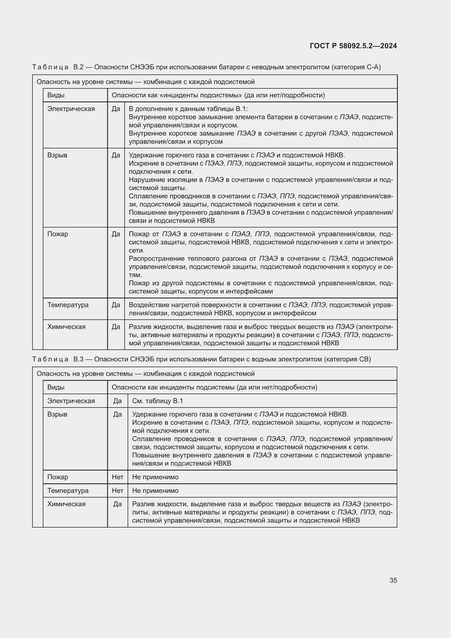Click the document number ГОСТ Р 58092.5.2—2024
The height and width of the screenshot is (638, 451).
tap(353, 46)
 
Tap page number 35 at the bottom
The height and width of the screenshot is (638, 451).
tap(393, 580)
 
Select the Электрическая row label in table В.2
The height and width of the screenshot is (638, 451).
tap(71, 109)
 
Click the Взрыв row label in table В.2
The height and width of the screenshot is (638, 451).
tap(57, 155)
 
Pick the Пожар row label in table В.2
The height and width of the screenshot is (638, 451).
tap(58, 234)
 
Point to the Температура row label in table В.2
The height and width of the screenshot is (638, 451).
tap(68, 305)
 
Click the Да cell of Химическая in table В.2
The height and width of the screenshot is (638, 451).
tap(116, 327)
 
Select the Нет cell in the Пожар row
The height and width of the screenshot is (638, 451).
tap(118, 477)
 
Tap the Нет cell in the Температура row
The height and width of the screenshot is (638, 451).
tap(118, 490)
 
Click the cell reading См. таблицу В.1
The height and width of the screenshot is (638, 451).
tap(157, 401)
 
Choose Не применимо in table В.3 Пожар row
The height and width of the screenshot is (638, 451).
tap(155, 477)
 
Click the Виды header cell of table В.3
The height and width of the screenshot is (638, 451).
tap(56, 387)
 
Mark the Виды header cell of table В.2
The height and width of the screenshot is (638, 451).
tap(56, 95)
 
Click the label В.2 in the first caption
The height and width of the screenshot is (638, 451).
tap(78, 67)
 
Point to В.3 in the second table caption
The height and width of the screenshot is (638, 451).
tap(78, 359)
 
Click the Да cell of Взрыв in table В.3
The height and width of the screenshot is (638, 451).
tap(118, 414)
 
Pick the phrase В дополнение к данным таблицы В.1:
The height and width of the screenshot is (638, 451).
tap(188, 109)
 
